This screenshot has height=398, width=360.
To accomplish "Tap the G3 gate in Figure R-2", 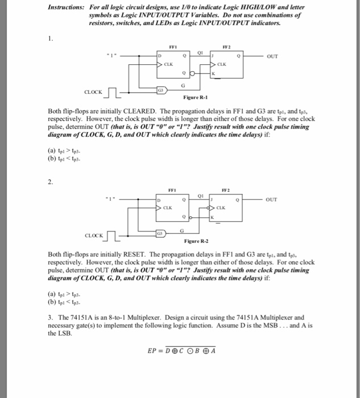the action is click(160, 233).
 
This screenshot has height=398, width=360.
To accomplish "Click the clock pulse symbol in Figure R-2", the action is click(113, 234).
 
